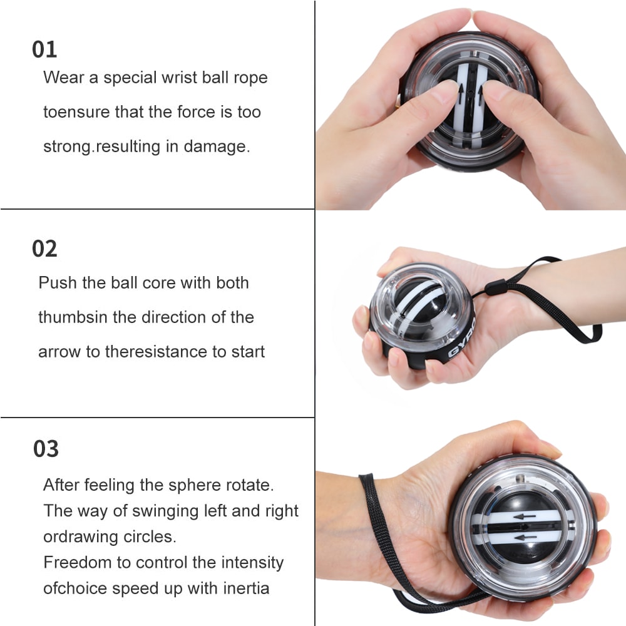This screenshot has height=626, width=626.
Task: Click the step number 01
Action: click(x=44, y=50)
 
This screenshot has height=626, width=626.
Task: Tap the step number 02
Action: click(x=44, y=249)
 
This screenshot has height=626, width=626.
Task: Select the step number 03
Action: click(x=46, y=449)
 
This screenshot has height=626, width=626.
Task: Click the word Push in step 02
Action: click(x=57, y=283)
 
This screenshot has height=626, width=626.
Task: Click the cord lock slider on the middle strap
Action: click(x=493, y=290)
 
